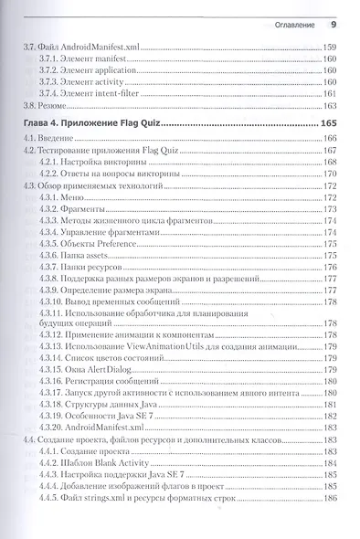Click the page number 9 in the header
(x=334, y=25)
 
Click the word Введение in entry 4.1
(x=58, y=137)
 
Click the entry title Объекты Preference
(x=109, y=244)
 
